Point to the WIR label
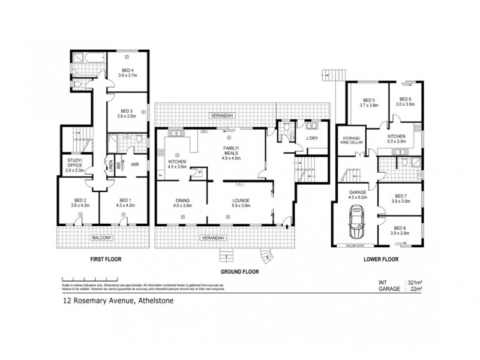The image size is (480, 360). pos(136,164)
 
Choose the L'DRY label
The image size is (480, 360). pos(311,139)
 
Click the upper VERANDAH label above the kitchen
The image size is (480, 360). pos(221,115)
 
